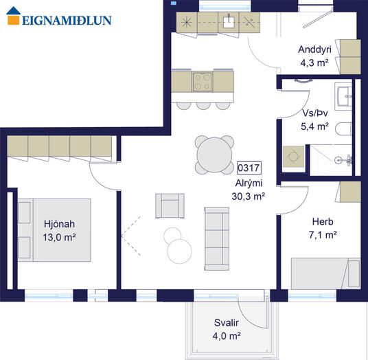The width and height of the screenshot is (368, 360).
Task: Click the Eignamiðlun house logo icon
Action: click(x=13, y=16)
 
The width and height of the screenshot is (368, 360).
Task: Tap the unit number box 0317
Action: click(x=249, y=168)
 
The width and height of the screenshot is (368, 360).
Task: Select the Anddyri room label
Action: click(x=314, y=49)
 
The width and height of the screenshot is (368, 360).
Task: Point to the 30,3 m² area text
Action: click(x=249, y=196)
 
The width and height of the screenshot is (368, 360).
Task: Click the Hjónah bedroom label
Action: click(x=59, y=224)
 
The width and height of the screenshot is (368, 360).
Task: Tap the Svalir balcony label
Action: click(x=227, y=323)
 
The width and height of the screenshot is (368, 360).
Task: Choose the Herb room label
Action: click(x=323, y=221)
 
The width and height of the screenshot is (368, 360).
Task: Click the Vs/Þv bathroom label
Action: click(x=315, y=113)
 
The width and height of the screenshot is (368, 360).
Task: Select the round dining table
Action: click(x=214, y=155)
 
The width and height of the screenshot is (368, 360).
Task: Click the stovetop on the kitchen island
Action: click(x=202, y=82)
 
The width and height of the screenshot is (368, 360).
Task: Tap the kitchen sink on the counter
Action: click(x=229, y=22)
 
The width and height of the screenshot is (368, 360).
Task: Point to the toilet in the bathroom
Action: click(x=343, y=129)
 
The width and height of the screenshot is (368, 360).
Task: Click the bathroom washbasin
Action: click(x=343, y=96)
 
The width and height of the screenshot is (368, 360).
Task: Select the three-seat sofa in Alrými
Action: click(x=217, y=238)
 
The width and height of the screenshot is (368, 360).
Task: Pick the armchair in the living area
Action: click(x=170, y=205)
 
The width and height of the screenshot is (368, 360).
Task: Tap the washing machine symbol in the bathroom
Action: click(x=293, y=157)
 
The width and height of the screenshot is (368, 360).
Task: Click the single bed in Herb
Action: click(x=325, y=273)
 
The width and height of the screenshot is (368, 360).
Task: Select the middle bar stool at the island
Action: click(x=203, y=105)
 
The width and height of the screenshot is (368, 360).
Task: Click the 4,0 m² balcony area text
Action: click(x=227, y=336)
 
